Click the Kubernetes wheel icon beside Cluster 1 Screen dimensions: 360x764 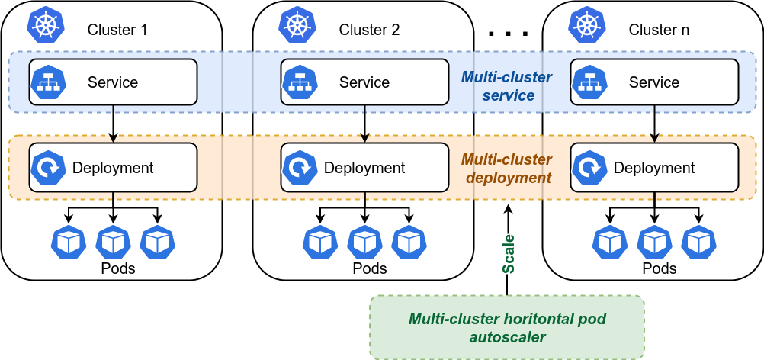coord(47,25)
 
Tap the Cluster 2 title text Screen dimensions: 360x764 coord(369,31)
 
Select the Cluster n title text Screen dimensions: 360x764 coord(659,31)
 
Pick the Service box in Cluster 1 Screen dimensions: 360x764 coord(113,82)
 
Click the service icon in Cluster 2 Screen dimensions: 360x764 coord(299,82)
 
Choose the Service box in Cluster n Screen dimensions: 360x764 coord(654,82)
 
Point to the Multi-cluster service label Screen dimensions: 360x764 coord(506,86)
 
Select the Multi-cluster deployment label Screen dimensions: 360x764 coord(506,169)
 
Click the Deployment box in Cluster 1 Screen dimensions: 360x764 coord(113,168)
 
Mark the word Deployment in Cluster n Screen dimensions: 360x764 coord(654,168)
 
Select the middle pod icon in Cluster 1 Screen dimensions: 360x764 coord(113,242)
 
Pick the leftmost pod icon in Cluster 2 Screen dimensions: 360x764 coord(320,242)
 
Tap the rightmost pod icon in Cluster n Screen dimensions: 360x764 coord(698,242)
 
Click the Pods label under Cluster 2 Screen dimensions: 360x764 coord(370,268)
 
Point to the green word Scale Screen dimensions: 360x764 coord(509,254)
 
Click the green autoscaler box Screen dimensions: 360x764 coord(507,327)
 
